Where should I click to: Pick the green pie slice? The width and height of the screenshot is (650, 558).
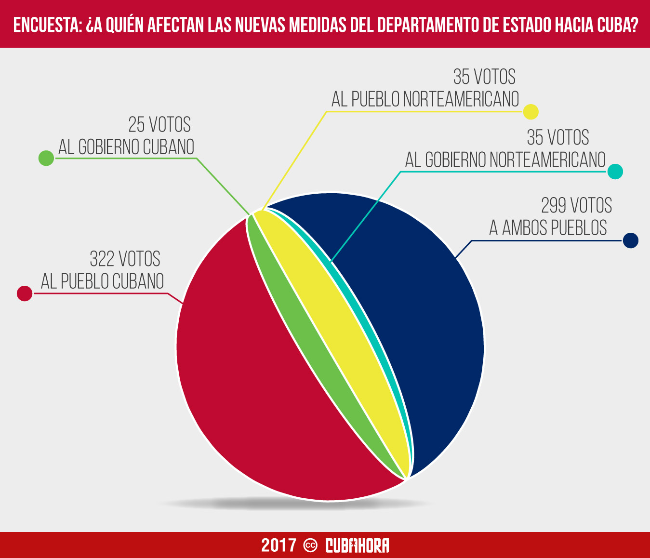point(308,337)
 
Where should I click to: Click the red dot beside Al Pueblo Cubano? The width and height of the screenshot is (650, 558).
point(25,293)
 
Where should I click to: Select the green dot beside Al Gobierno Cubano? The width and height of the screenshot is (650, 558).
point(46,158)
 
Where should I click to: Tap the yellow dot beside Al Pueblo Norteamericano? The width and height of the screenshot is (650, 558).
point(531,112)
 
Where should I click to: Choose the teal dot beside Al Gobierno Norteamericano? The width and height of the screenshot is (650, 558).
point(615,172)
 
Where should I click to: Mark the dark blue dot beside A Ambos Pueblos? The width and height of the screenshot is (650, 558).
point(630,240)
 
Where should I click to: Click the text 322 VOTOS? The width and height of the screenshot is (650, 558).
point(125,259)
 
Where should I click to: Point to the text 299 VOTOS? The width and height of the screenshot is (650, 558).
point(576,206)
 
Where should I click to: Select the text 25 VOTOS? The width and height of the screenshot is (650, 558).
point(159,125)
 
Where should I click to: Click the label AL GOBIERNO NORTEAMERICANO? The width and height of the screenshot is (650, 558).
point(505,160)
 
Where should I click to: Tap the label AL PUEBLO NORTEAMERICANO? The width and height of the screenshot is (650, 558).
point(425,99)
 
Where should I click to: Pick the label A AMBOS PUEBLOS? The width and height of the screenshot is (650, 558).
point(548,228)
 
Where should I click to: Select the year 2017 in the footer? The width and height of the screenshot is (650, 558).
point(279,545)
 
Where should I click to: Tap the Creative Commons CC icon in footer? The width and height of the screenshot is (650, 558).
point(310,545)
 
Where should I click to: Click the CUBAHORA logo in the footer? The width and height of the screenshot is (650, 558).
point(357,545)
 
